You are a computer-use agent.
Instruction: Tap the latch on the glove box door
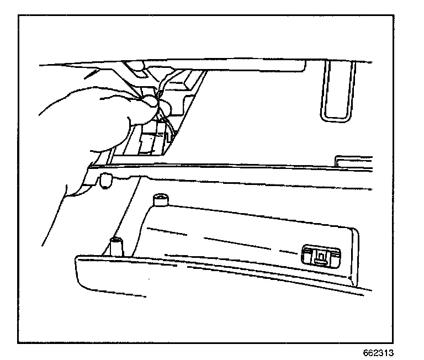click(x=321, y=255)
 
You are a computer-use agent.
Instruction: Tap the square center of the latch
click(x=321, y=256)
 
